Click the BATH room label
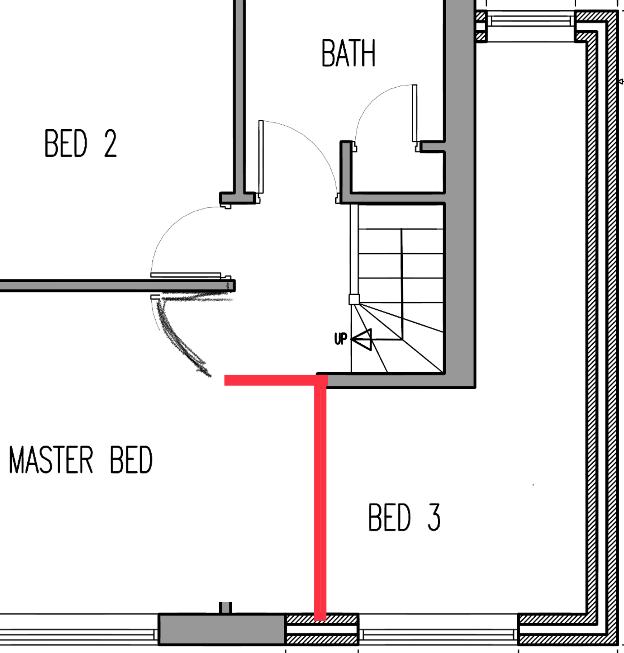(348, 53)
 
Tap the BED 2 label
(81, 143)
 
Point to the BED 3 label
(404, 517)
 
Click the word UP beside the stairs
(341, 339)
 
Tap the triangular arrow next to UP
(362, 339)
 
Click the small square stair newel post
(354, 299)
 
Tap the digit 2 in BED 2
(111, 143)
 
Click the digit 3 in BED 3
(434, 517)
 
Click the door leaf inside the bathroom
(414, 113)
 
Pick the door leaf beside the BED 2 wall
(261, 157)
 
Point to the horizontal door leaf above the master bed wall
(186, 275)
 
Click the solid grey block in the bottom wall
(222, 629)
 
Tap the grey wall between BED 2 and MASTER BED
(117, 286)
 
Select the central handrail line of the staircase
(402, 284)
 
